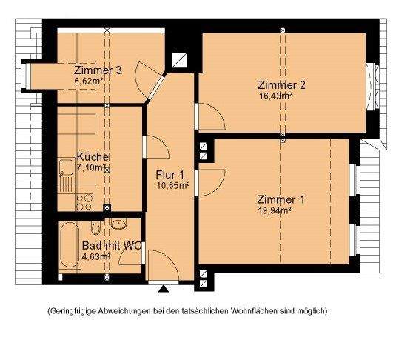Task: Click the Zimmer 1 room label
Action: pyautogui.click(x=281, y=200)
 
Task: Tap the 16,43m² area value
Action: pyautogui.click(x=275, y=96)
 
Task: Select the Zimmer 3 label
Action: pyautogui.click(x=98, y=70)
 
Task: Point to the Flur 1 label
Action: pyautogui.click(x=170, y=175)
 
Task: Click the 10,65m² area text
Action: pyautogui.click(x=173, y=185)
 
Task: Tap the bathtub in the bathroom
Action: pyautogui.click(x=70, y=244)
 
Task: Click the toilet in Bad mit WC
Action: pyautogui.click(x=95, y=228)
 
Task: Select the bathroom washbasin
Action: pyautogui.click(x=118, y=224)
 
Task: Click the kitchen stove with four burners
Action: pyautogui.click(x=84, y=202)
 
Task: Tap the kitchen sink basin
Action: pyautogui.click(x=67, y=167)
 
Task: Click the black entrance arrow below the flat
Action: pyautogui.click(x=164, y=289)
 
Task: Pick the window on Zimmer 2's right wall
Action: pyautogui.click(x=372, y=86)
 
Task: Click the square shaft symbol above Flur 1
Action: pyautogui.click(x=180, y=60)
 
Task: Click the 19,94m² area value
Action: pyautogui.click(x=275, y=211)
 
